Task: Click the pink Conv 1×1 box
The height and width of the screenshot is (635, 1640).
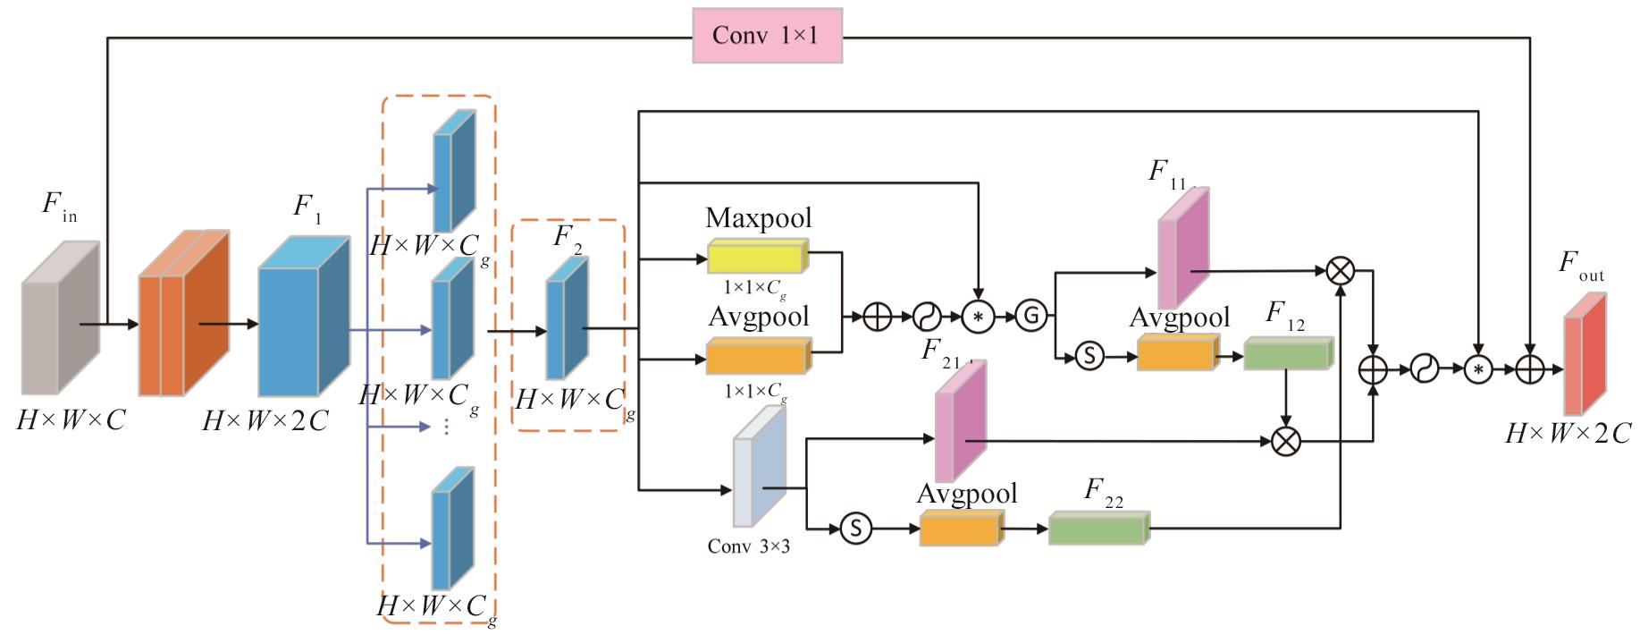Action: [x=767, y=36]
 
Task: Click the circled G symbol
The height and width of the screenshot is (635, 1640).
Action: [x=1030, y=316]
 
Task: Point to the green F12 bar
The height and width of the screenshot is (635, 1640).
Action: [x=1288, y=354]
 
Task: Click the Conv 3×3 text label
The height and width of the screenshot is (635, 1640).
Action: [x=748, y=546]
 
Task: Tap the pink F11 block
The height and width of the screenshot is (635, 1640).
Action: [x=1183, y=250]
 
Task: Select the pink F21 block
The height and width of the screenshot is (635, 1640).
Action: [x=960, y=422]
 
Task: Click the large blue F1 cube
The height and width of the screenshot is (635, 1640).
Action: [x=302, y=318]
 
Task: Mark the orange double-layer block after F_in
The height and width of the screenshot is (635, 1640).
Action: [x=182, y=313]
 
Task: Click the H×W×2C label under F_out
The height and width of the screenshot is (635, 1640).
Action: [x=1568, y=434]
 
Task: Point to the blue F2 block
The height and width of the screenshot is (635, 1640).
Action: [x=567, y=319]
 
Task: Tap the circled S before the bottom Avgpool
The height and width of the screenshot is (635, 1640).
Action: [x=855, y=529]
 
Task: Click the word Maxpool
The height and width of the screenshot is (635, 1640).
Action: [x=758, y=218]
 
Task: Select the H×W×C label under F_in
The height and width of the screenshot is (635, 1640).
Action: [x=71, y=419]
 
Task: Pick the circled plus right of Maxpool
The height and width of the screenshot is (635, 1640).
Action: [x=878, y=316]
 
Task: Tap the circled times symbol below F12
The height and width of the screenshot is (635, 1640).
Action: [x=1286, y=440]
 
